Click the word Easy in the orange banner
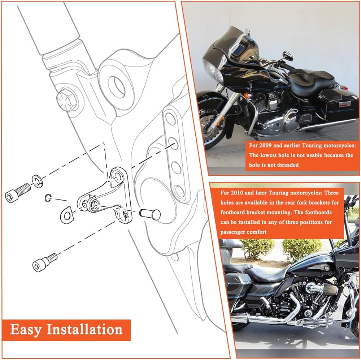point(26,330)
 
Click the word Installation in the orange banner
point(84,329)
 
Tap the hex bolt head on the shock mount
point(67,100)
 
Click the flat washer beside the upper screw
point(36,181)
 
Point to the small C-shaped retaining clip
point(48,198)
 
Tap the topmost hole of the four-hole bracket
point(170,119)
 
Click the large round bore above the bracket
point(118,86)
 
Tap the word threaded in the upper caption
point(288,165)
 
